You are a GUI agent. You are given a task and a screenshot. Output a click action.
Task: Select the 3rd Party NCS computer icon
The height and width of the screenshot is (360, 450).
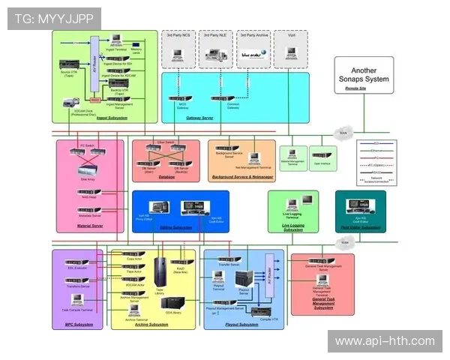(178, 54)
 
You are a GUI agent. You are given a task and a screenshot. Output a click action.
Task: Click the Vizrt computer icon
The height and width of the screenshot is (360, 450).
(291, 54)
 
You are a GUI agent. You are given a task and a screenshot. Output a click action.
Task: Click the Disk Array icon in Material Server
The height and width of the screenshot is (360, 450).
(87, 169)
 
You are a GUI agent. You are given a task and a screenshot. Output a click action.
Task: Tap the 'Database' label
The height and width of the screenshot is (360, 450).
(166, 178)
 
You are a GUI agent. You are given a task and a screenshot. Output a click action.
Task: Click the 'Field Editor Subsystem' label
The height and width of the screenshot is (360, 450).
(360, 227)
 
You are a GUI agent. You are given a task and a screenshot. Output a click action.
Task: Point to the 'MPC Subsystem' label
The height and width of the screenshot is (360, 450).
(79, 324)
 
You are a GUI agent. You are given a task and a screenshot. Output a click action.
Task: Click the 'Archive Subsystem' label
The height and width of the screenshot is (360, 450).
(152, 324)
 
